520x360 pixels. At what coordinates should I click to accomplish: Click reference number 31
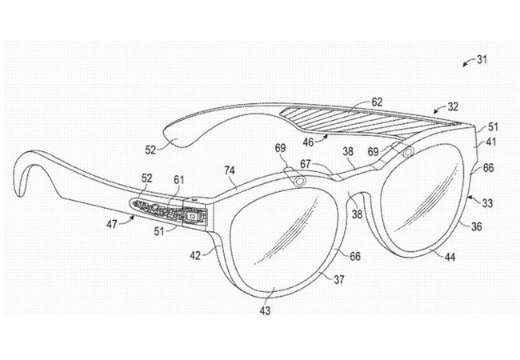pos(482,59)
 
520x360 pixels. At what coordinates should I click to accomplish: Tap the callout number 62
pos(377,102)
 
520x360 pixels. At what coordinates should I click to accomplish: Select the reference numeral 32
pos(453,106)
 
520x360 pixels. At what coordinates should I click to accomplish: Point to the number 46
pos(308,142)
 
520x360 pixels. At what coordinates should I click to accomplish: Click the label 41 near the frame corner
pos(490,142)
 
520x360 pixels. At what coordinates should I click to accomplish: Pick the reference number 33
pos(487,202)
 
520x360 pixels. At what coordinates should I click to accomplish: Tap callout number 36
pos(477,226)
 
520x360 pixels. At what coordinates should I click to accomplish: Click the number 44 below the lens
pos(450,257)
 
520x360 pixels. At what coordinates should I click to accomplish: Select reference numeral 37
pos(338,279)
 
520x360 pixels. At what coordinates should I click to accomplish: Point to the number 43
pos(265,310)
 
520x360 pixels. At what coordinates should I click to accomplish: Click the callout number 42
pos(195,255)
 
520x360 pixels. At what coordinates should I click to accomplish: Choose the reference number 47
pos(112,224)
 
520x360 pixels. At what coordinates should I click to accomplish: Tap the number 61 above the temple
pos(178,180)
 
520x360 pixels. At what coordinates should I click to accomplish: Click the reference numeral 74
pos(230,170)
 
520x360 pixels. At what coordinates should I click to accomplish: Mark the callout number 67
pos(306,164)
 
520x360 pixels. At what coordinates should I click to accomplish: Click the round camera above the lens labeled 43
pos(300,181)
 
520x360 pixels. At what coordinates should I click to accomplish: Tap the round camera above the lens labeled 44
pos(408,151)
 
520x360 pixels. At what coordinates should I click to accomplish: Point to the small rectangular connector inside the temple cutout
pos(191,216)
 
